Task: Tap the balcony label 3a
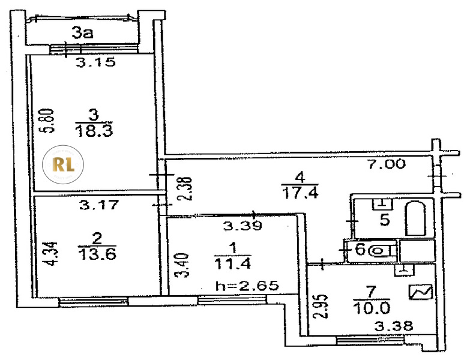click(x=83, y=34)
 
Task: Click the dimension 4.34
click(x=52, y=253)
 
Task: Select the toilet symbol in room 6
click(x=381, y=250)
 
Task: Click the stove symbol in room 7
click(x=420, y=293)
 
